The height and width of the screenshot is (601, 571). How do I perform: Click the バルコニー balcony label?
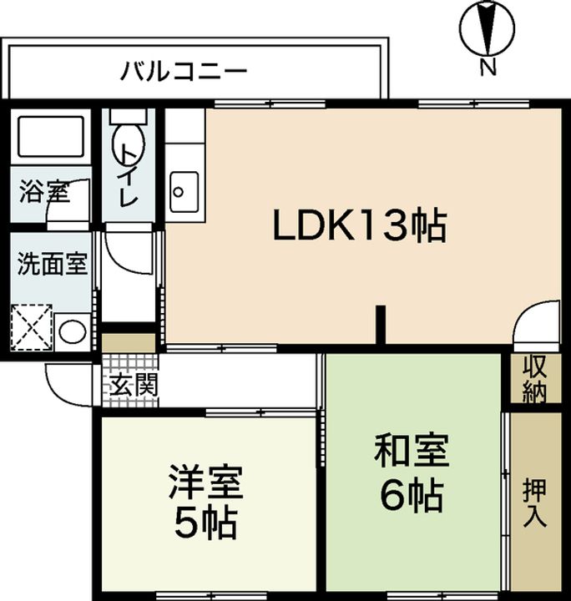184,69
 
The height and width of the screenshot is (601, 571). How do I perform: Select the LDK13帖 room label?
360,225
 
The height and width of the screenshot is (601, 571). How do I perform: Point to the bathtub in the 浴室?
52,134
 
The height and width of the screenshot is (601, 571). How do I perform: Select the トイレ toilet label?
128,175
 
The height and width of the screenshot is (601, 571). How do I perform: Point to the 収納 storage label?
534,380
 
